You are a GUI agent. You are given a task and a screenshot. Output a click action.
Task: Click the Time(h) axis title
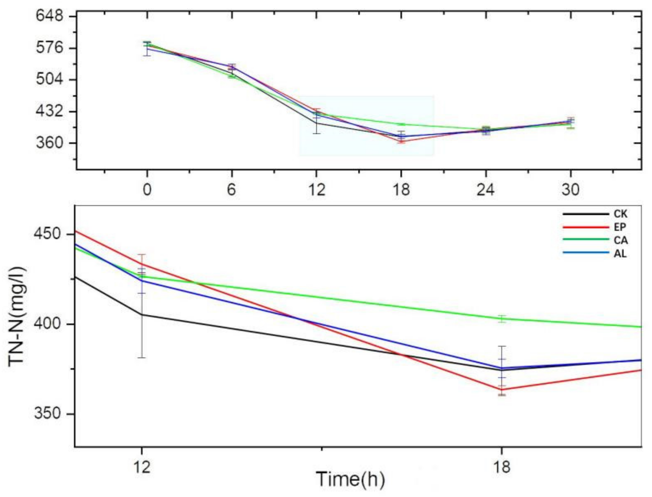tap(350, 479)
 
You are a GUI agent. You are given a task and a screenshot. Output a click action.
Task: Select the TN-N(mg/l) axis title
tap(17, 317)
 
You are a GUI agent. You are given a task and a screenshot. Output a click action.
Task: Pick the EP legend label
tap(620, 227)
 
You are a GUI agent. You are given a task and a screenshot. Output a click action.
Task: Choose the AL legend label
tap(620, 253)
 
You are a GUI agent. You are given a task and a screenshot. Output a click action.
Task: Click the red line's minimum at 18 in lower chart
tap(502, 390)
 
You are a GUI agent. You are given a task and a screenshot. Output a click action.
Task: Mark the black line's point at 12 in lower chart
tap(142, 315)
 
